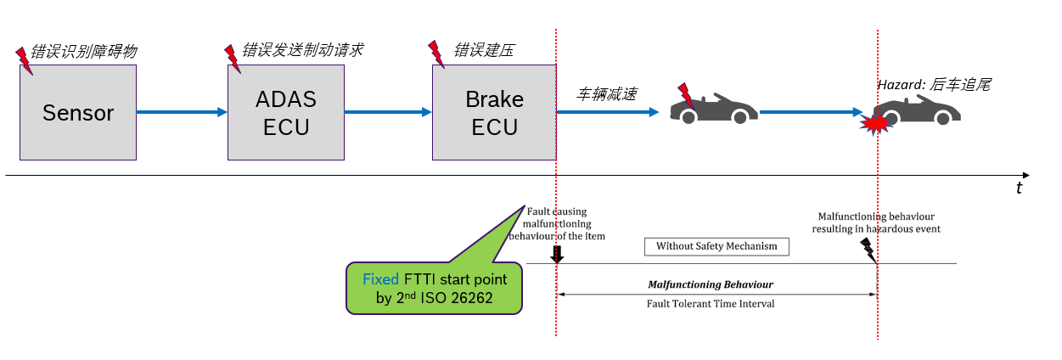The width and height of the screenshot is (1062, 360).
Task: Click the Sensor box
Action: coord(78,112)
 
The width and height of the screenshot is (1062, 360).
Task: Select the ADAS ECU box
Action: coord(286,112)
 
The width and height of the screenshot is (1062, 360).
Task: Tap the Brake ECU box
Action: coord(494,112)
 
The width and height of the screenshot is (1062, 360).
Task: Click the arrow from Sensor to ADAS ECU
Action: coord(182,112)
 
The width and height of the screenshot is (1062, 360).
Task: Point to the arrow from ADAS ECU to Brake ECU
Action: coord(388,112)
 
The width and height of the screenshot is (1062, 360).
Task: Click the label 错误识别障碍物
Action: coord(83,52)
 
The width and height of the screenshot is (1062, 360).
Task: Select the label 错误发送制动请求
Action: coord(302,50)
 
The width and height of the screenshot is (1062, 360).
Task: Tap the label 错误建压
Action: coord(484,50)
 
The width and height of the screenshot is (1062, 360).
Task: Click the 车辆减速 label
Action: coord(606,93)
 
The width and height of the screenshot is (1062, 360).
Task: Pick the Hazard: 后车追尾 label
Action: coord(934,85)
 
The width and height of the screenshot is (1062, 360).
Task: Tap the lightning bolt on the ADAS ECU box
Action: coord(232,57)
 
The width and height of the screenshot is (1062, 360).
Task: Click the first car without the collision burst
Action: coord(715,106)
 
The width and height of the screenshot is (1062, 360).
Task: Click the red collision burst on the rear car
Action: coord(874,124)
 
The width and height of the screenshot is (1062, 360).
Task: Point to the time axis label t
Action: coord(1019,188)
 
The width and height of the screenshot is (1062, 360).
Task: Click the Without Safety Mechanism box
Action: coord(716,247)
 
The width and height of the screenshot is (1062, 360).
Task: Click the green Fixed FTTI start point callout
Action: coord(434,289)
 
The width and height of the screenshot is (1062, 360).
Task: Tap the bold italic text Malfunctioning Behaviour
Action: coord(710,284)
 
